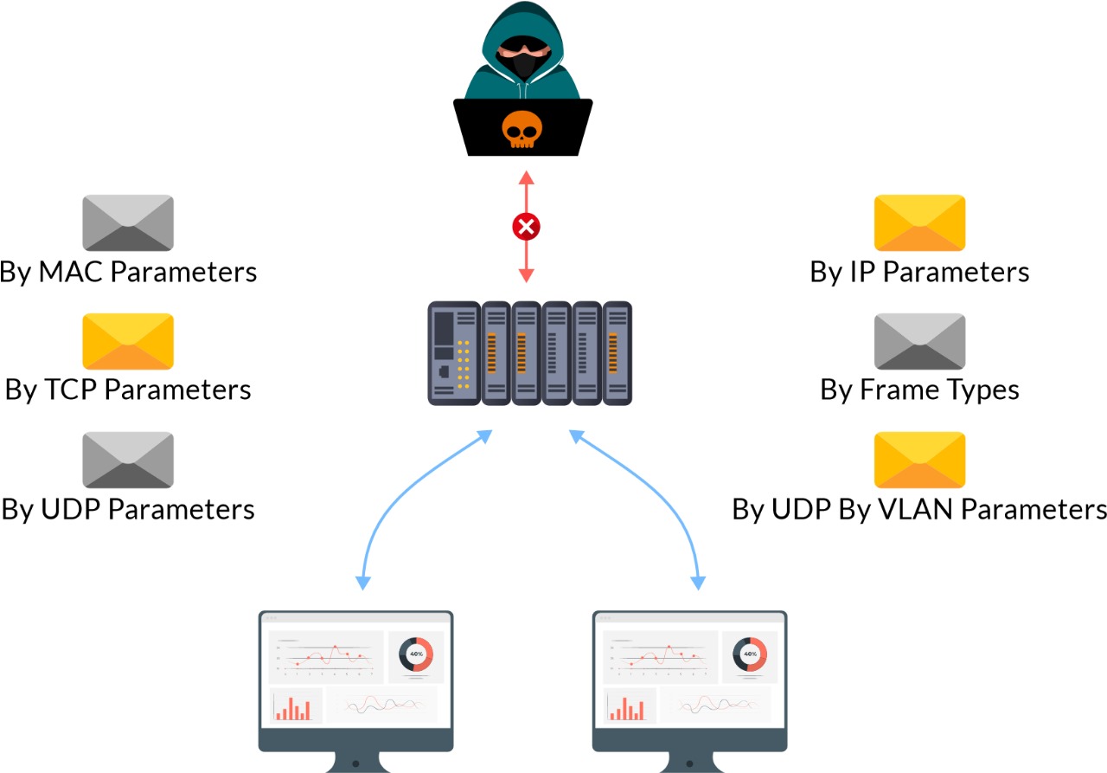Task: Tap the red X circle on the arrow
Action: tap(526, 227)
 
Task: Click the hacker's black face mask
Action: tap(522, 65)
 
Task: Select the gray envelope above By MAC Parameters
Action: tap(128, 222)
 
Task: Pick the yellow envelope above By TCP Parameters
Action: tap(128, 341)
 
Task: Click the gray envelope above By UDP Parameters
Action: tap(128, 460)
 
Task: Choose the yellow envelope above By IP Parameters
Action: tap(919, 222)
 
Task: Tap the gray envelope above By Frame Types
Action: tap(919, 341)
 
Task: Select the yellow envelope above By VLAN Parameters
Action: tap(919, 460)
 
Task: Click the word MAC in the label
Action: tap(72, 272)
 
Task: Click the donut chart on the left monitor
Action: tap(415, 654)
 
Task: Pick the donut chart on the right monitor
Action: tap(749, 654)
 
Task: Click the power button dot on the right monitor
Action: tap(688, 764)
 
